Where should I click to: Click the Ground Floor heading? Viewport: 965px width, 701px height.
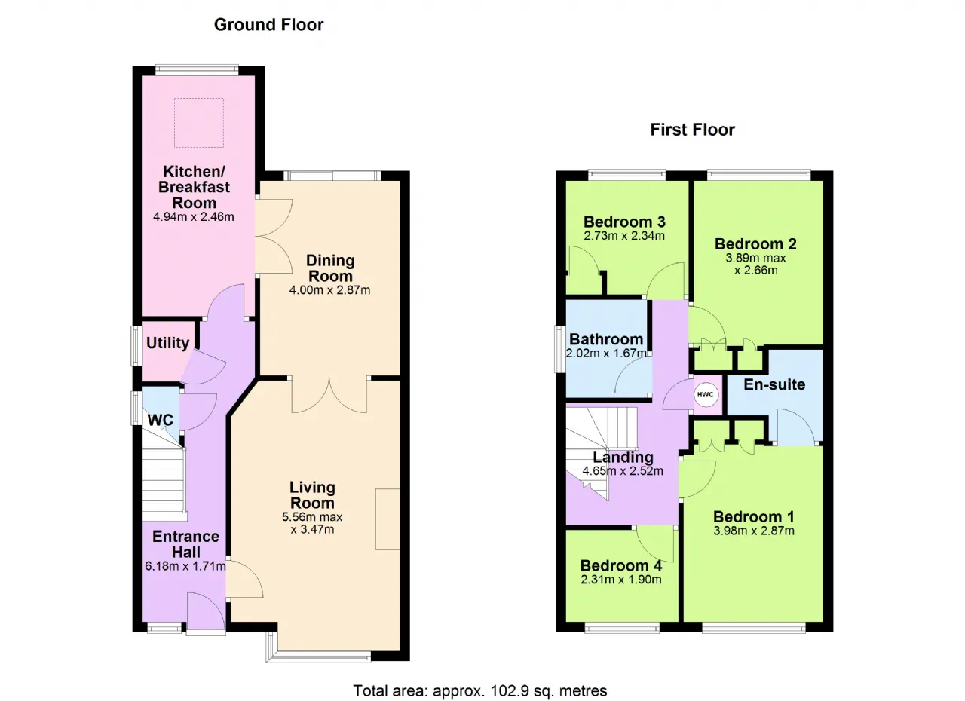[x=268, y=25]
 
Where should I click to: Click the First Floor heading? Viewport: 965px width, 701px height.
[x=692, y=130]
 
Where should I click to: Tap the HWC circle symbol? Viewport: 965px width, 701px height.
[x=705, y=394]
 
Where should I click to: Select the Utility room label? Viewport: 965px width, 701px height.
[x=167, y=343]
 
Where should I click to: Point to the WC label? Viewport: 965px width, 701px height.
[x=161, y=420]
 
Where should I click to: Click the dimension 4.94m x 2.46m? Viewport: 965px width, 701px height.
[x=194, y=216]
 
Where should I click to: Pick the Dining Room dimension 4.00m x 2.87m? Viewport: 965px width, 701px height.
[x=329, y=289]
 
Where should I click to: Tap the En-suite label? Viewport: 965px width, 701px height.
[x=774, y=384]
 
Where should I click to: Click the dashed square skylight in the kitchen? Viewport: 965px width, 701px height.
[x=199, y=123]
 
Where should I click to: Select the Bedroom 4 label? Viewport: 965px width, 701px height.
[x=620, y=565]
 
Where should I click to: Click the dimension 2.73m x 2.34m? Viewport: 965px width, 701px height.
[x=624, y=235]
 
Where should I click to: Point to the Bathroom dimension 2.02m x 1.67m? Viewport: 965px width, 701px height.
[x=606, y=353]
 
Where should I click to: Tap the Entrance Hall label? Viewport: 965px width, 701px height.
[x=185, y=544]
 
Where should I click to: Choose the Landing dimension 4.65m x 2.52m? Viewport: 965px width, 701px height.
[x=623, y=471]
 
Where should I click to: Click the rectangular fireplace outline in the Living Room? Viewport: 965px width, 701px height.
[x=388, y=519]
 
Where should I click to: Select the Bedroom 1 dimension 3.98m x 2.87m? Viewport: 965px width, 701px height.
[x=753, y=531]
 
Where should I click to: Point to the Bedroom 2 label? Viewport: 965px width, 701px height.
[x=755, y=244]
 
